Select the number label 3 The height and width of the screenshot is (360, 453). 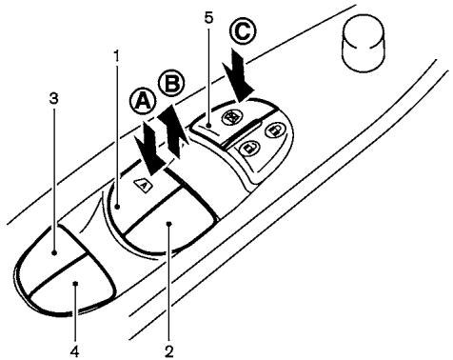53,97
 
